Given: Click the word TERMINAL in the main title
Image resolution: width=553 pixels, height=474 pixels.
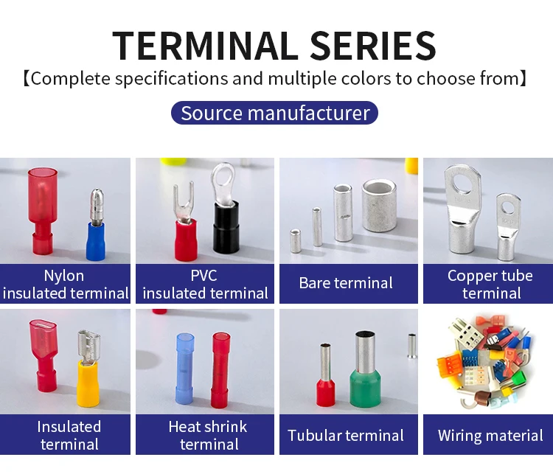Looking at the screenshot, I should pos(204,46).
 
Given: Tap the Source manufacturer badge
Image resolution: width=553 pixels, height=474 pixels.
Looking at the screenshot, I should pos(275,114).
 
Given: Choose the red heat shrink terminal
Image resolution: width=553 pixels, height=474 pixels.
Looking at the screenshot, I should pos(221,369).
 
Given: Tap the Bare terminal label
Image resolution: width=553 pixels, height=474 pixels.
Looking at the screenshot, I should pos(346,283).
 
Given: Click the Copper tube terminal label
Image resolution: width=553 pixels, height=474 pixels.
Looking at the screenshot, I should pos(490,284).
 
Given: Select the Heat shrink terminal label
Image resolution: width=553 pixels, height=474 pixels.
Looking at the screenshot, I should pos(207,435).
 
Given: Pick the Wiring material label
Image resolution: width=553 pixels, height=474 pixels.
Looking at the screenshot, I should pos(490,435).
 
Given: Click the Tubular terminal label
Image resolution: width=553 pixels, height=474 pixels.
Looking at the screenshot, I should pos(346,435).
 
